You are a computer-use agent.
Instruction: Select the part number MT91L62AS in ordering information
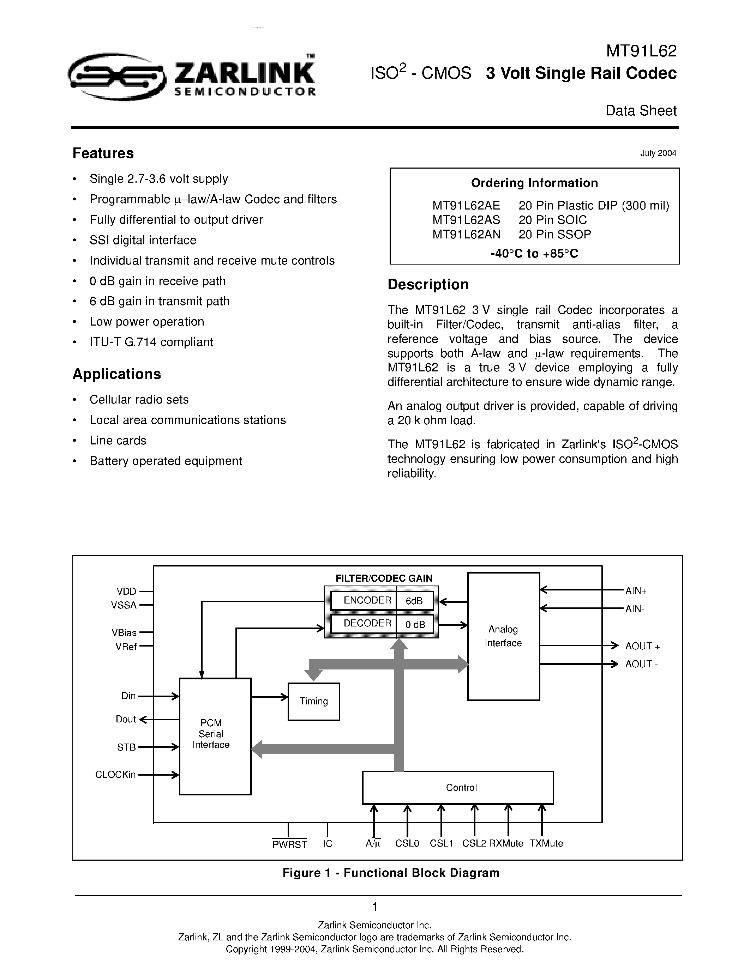pos(466,220)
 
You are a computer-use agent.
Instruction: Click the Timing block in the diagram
pos(314,701)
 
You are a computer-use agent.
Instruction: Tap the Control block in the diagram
pos(458,787)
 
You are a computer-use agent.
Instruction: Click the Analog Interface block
pos(503,636)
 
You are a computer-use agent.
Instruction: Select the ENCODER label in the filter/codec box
pos(367,600)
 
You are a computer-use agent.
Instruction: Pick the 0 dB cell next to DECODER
pos(415,624)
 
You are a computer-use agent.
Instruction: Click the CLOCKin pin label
pos(115,775)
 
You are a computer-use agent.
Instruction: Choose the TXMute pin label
pos(546,843)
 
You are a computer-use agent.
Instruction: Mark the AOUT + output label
pos(642,646)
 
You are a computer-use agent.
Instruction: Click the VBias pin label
pos(124,632)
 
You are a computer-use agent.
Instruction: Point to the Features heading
pos(103,153)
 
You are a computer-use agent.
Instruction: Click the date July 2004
pos(658,153)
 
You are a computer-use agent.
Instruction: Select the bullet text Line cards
pos(118,441)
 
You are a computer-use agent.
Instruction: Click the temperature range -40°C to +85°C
pos(534,254)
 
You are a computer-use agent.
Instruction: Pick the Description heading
pos(428,284)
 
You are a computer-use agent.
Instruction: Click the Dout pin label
pos(126,720)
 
